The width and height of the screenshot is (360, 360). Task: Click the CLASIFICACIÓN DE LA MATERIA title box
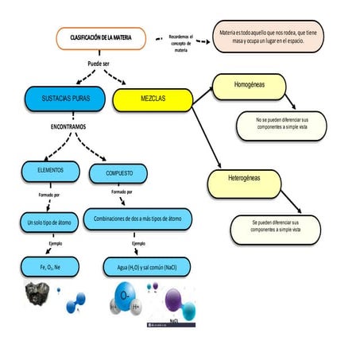click(102, 37)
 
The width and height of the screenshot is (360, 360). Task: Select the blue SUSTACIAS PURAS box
click(64, 99)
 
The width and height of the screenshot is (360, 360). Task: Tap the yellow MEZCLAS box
click(153, 99)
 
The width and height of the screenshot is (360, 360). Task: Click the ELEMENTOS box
click(51, 171)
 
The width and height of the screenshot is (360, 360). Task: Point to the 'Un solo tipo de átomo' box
click(48, 223)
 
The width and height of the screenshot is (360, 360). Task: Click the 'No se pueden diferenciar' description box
click(281, 125)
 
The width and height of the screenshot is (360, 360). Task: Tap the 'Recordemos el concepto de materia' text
click(181, 42)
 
